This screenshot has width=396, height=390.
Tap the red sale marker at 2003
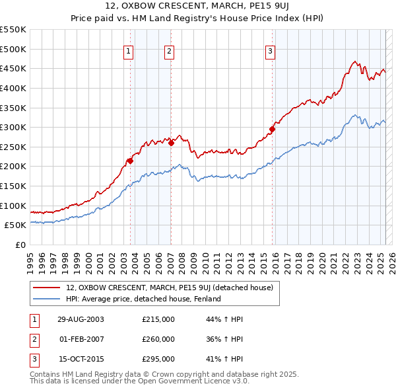(x=131, y=160)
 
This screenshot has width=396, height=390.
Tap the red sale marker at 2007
(x=171, y=142)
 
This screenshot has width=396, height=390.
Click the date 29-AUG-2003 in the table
(x=81, y=319)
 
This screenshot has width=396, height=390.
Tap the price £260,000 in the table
(x=158, y=339)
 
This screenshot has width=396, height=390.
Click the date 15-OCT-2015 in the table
(x=81, y=360)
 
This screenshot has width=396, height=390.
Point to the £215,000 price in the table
(x=158, y=319)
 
